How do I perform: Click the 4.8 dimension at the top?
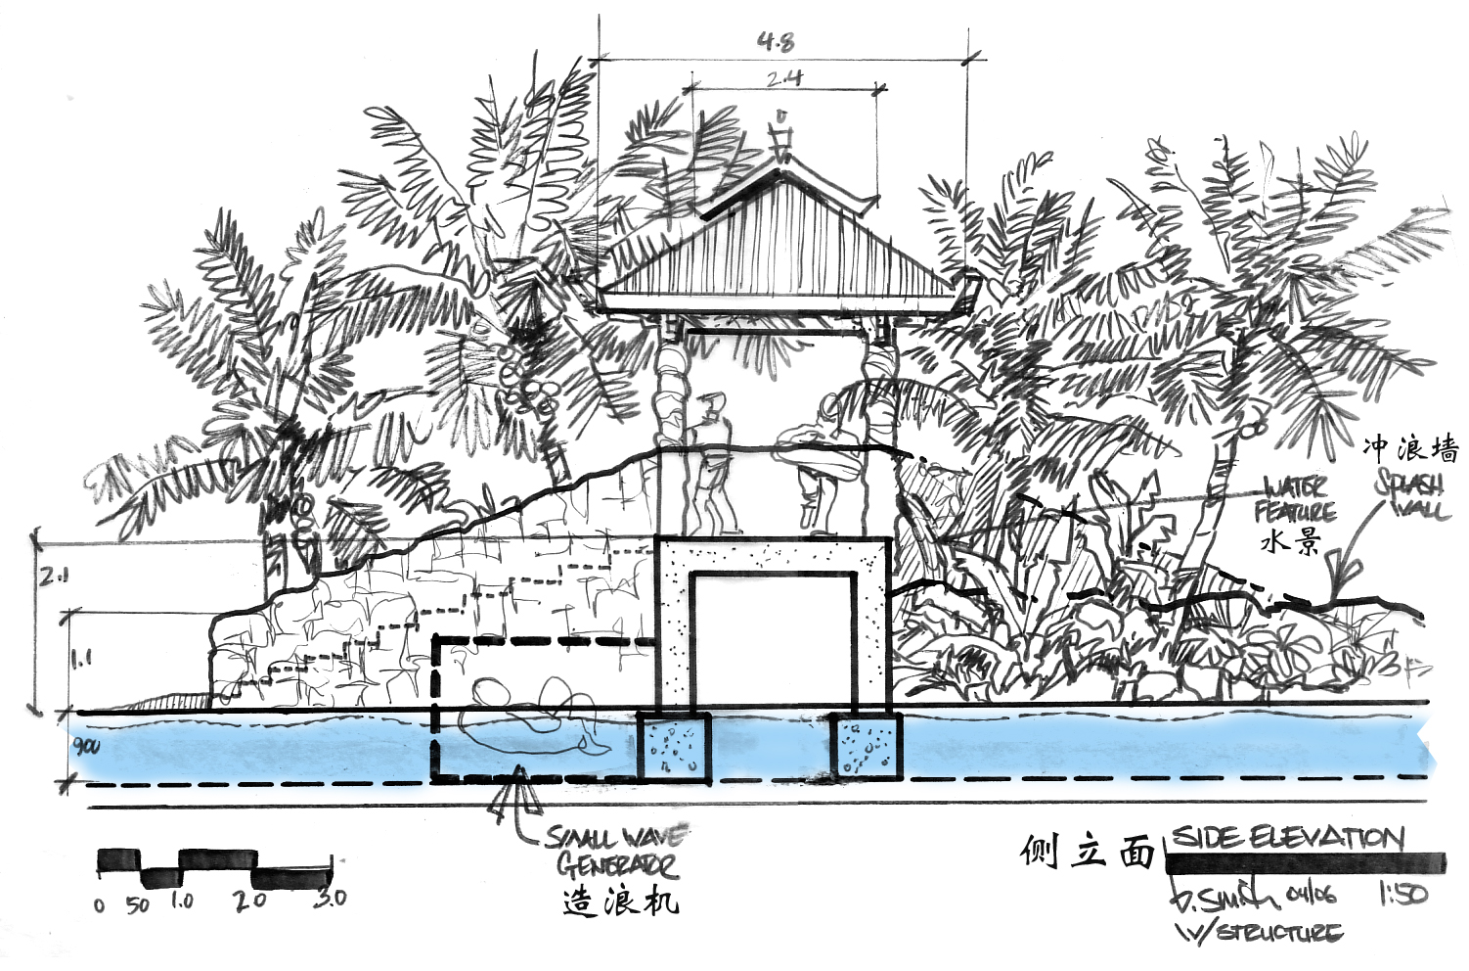pyautogui.click(x=776, y=41)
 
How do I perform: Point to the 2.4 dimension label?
pyautogui.click(x=783, y=78)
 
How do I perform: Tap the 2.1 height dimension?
pyautogui.click(x=54, y=578)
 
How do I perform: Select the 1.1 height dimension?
pyautogui.click(x=81, y=658)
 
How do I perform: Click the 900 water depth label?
pyautogui.click(x=87, y=747)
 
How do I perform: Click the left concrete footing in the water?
pyautogui.click(x=673, y=747)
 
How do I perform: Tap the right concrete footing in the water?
pyautogui.click(x=867, y=747)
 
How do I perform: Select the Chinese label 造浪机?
pyautogui.click(x=620, y=901)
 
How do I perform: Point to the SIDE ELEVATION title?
pyautogui.click(x=1287, y=838)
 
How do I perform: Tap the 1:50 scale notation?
pyautogui.click(x=1402, y=894)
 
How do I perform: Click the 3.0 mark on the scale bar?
pyautogui.click(x=330, y=898)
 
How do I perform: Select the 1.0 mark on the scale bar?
pyautogui.click(x=182, y=901)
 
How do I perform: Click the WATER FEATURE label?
pyautogui.click(x=1295, y=499)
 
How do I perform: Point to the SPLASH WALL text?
pyautogui.click(x=1410, y=494)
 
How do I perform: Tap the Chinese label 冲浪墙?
pyautogui.click(x=1409, y=448)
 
